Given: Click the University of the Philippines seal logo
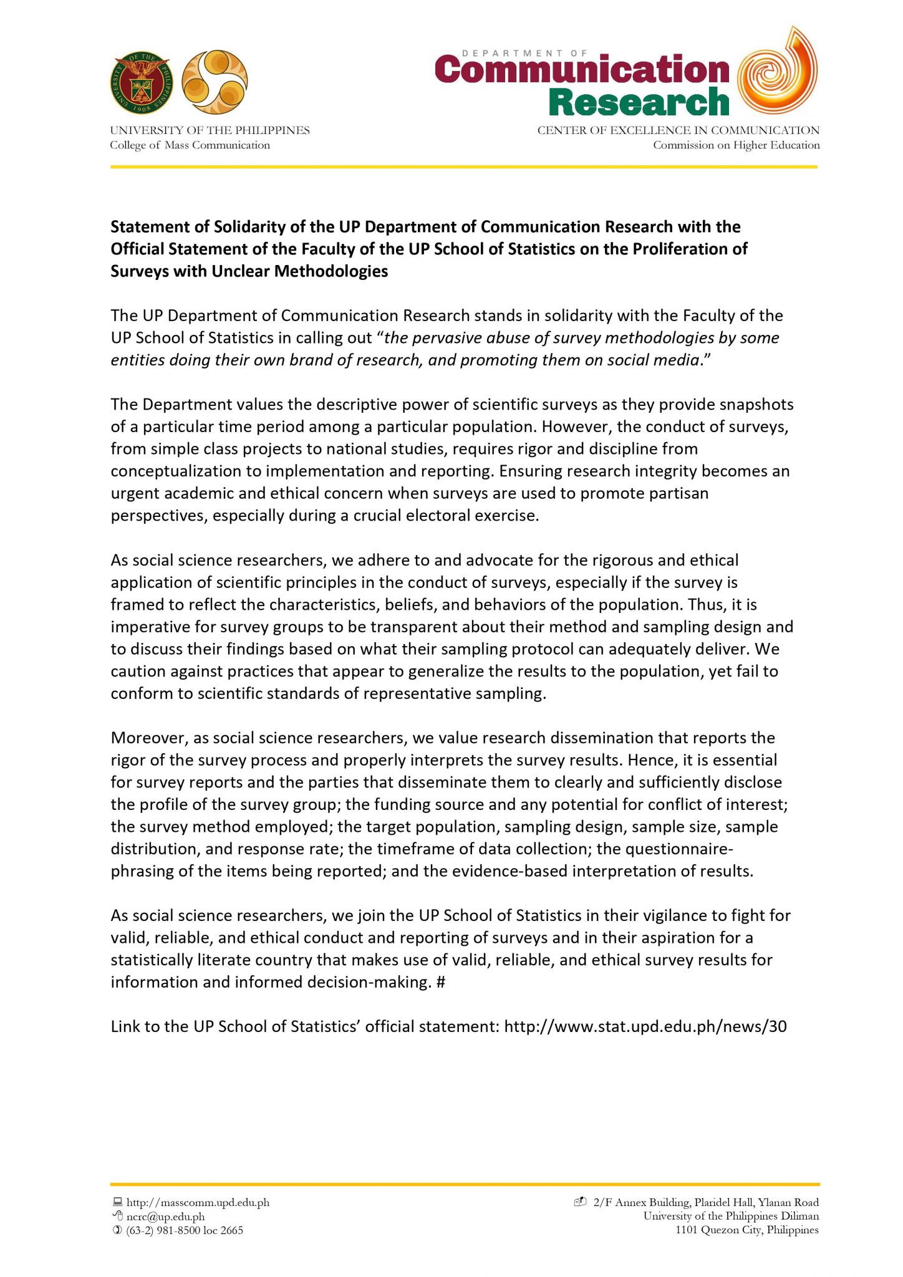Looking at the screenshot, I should coord(141,82).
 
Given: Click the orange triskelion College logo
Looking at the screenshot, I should coord(215,82).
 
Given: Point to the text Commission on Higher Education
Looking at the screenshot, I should coord(736,145).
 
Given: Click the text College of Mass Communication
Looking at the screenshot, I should coord(190,145).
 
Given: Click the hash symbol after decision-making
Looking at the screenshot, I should coord(441,983).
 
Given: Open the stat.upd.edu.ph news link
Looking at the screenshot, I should coord(645,1027).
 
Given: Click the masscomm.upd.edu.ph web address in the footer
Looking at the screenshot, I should coord(198,1202).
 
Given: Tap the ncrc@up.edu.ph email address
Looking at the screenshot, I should coord(165,1217).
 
